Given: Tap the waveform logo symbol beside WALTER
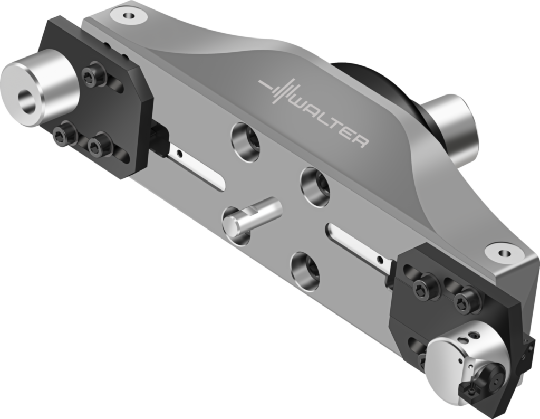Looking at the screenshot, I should [x=280, y=92].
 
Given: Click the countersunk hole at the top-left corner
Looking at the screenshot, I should [x=129, y=16].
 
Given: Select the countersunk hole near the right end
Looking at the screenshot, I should [x=502, y=251].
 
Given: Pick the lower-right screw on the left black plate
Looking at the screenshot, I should [x=100, y=145].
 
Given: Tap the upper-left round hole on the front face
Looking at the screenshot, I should [x=246, y=141].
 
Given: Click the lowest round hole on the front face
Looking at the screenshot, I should [x=305, y=270].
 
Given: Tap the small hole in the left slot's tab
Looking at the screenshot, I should [x=180, y=155].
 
